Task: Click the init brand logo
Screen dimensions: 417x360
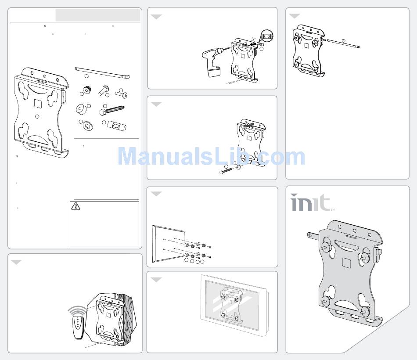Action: coord(310,202)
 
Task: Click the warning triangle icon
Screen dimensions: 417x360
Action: coord(76,206)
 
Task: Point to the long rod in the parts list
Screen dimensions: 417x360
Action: coord(102,72)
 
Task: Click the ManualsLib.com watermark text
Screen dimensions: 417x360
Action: coord(212,157)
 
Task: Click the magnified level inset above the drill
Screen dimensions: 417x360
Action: coord(267,36)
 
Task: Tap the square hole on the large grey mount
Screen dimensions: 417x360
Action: coord(346,263)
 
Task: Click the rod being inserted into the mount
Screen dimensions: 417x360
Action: coord(343,43)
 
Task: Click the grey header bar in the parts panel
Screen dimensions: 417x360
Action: coord(98,15)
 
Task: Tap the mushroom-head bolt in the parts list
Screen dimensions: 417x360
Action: coord(104,90)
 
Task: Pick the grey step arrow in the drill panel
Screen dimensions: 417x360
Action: coord(156,17)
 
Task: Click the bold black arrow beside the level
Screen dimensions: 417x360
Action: coord(254,43)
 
